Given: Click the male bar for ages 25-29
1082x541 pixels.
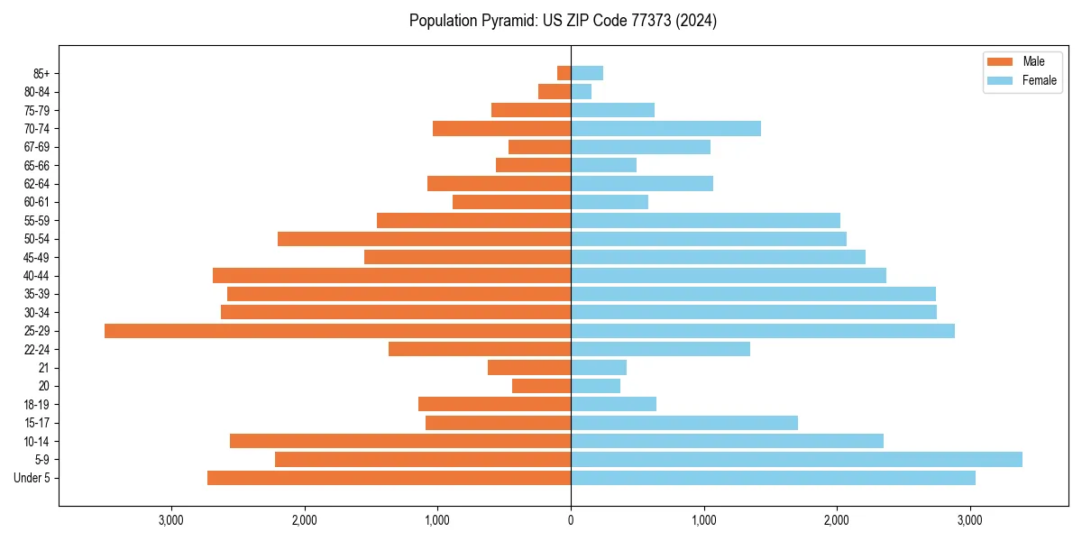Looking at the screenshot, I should (x=337, y=331).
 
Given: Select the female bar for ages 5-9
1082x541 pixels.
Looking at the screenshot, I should (x=796, y=460).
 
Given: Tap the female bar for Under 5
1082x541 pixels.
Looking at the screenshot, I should (x=773, y=478).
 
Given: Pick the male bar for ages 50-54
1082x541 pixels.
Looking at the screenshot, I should (x=424, y=239).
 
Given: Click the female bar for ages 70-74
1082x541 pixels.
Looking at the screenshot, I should (x=665, y=128).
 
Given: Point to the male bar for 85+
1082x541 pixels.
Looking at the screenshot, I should (x=564, y=73).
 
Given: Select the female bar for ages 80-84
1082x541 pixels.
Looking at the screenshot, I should (x=581, y=91).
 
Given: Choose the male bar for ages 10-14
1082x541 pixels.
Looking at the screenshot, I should (x=400, y=441).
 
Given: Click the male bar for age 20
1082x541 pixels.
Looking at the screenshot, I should (x=541, y=386).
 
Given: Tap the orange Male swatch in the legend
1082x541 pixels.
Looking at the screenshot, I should (x=1001, y=61).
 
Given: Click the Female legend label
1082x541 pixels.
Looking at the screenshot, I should (x=1040, y=80).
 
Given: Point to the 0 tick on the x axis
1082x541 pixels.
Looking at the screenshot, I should (x=571, y=520).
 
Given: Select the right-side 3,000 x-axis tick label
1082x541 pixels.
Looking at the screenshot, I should (x=970, y=520).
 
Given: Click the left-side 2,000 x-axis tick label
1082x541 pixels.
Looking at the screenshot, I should (x=304, y=520).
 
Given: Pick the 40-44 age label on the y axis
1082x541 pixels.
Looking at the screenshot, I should (x=37, y=276).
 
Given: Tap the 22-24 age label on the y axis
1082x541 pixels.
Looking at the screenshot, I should (x=37, y=349).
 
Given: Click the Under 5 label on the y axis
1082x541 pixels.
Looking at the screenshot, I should (x=32, y=478).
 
